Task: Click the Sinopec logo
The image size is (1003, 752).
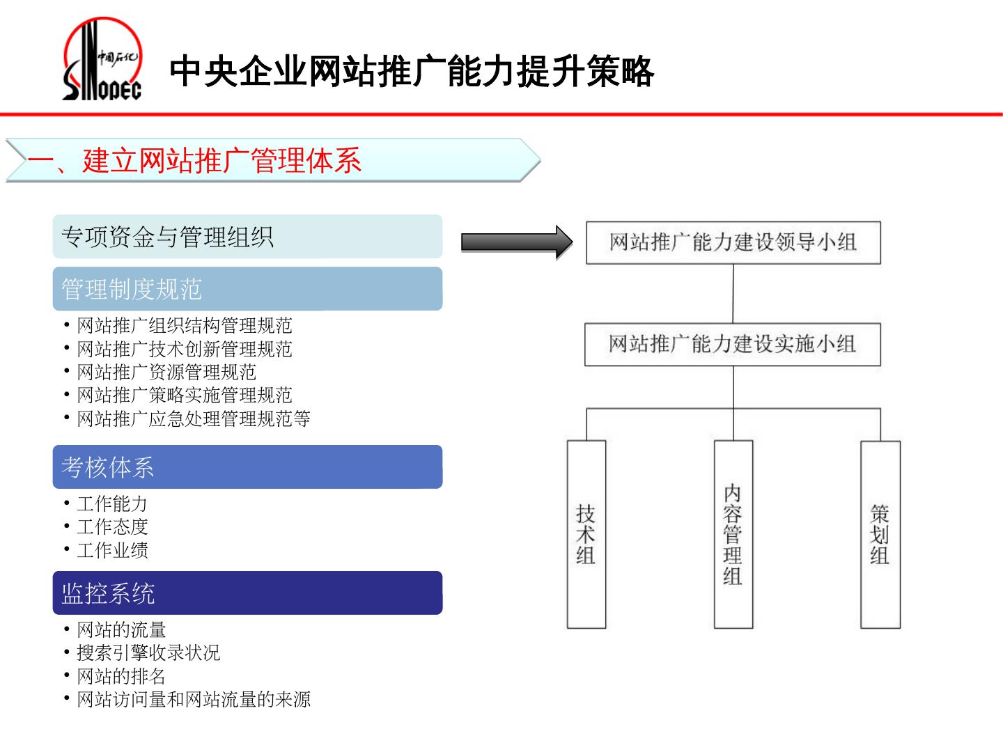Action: (102, 61)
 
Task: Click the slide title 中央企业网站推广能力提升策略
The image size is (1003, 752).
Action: (412, 72)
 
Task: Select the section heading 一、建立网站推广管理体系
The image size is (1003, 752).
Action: (194, 161)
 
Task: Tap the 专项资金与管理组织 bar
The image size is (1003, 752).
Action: (247, 237)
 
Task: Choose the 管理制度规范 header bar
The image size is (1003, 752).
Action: (247, 289)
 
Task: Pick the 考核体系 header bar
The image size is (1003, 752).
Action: (247, 467)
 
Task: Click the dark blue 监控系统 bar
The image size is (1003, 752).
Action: (247, 593)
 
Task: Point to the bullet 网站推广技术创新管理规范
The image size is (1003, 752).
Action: (185, 349)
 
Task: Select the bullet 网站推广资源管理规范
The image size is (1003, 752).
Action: (166, 372)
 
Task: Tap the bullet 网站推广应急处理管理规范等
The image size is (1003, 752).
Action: (194, 418)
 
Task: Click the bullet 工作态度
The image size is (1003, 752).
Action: (112, 527)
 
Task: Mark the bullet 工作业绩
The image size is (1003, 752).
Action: (112, 550)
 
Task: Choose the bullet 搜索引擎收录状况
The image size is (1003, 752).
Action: (148, 653)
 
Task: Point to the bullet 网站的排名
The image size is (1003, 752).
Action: (121, 676)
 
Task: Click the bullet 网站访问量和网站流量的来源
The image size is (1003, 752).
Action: (194, 699)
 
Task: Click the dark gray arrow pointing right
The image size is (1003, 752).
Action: (516, 242)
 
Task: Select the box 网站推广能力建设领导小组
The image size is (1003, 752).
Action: (733, 243)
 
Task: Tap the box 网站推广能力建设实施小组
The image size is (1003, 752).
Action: (732, 345)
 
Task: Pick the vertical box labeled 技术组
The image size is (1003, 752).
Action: (586, 534)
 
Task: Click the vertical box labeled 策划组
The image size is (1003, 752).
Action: (880, 534)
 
